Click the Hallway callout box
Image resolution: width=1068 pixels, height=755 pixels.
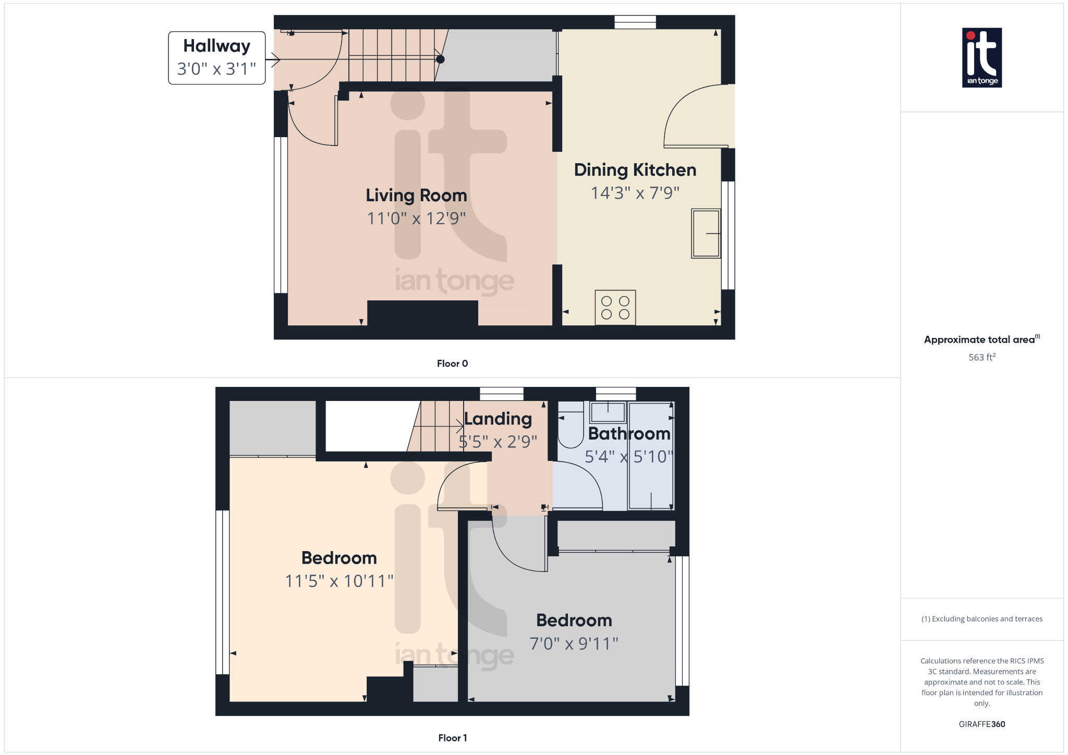click(x=216, y=58)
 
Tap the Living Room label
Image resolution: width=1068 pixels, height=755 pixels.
click(x=416, y=195)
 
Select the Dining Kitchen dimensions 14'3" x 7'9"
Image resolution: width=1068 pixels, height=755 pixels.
click(x=635, y=193)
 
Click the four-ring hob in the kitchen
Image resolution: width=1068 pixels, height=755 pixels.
click(x=615, y=308)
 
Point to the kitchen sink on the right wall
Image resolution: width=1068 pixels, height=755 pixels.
click(x=706, y=233)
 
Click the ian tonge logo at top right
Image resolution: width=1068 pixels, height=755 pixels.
click(x=981, y=57)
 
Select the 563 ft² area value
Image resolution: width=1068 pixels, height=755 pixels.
click(x=981, y=357)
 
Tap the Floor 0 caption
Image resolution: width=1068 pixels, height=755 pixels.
click(x=452, y=363)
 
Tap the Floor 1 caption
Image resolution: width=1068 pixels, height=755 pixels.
click(x=452, y=738)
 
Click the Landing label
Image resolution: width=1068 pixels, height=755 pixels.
click(x=498, y=419)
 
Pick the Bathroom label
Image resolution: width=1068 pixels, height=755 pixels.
click(x=629, y=433)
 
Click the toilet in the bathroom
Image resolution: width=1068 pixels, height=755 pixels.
click(x=570, y=430)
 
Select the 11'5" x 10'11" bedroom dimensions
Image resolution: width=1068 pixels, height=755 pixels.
click(x=339, y=581)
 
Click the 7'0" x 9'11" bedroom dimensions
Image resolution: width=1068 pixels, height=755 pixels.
click(x=574, y=643)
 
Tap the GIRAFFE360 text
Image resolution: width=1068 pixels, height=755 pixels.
click(x=981, y=724)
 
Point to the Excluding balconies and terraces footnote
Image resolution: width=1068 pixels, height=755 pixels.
click(x=981, y=619)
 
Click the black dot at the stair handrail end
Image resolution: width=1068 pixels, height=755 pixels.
click(x=440, y=59)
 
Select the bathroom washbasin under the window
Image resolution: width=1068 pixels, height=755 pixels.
click(x=608, y=412)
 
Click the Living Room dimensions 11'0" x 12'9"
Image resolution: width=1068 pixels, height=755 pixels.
click(x=416, y=218)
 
